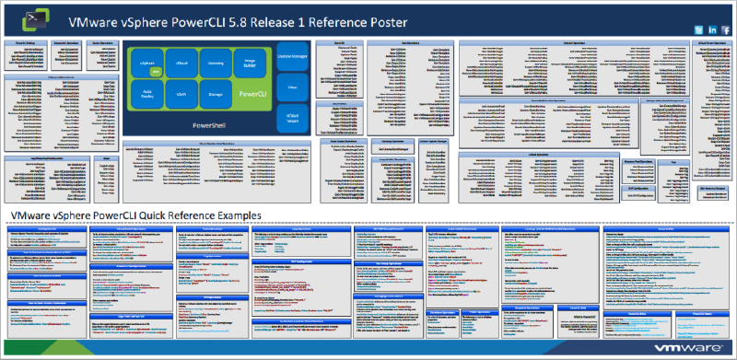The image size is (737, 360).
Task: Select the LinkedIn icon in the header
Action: click(x=711, y=30)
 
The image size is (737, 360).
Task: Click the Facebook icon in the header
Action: click(x=725, y=30)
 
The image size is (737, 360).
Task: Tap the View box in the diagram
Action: click(x=291, y=88)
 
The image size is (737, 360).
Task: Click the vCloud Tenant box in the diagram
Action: click(x=291, y=118)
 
